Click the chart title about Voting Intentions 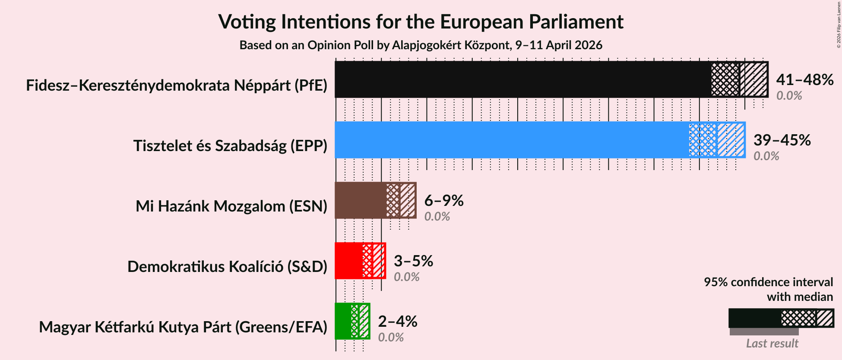coord(421,22)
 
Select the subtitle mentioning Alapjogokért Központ coord(421,45)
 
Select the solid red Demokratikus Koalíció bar coord(348,261)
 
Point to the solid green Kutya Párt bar coord(343,321)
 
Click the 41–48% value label coord(804,80)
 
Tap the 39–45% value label coord(782,140)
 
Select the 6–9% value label coord(443,201)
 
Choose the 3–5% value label coord(413,261)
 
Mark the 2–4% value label coord(397,322)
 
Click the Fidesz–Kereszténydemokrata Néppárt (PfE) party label coord(177,85)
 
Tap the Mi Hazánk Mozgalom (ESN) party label coord(231,206)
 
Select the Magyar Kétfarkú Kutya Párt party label coord(183,327)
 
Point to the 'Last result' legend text coord(772,344)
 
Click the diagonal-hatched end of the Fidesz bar coord(754,79)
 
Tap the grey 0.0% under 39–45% coord(766,156)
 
